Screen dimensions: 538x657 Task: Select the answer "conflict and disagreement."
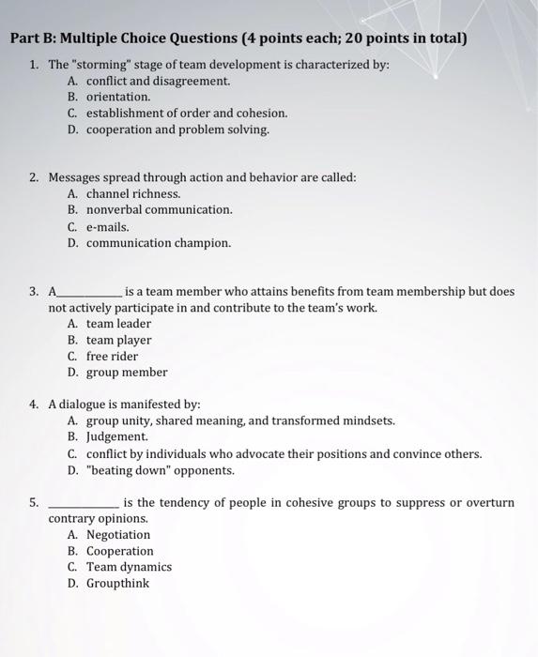[158, 81]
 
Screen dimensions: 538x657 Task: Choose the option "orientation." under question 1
[118, 97]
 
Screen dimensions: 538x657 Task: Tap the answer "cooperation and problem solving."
[177, 130]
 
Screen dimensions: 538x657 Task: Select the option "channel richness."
[132, 193]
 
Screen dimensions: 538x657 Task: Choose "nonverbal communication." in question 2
[159, 209]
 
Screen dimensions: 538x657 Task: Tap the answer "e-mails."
[108, 226]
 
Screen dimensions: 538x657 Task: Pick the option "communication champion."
[158, 242]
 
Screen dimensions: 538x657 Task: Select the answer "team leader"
[118, 324]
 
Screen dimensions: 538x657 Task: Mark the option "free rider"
[112, 356]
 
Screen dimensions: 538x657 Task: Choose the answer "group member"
[127, 372]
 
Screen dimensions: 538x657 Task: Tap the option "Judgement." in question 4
[117, 436]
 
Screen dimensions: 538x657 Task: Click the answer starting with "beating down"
[160, 469]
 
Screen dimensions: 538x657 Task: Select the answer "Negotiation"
[118, 535]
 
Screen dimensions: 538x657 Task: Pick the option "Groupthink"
[117, 583]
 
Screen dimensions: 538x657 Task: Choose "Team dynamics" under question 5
[129, 567]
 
